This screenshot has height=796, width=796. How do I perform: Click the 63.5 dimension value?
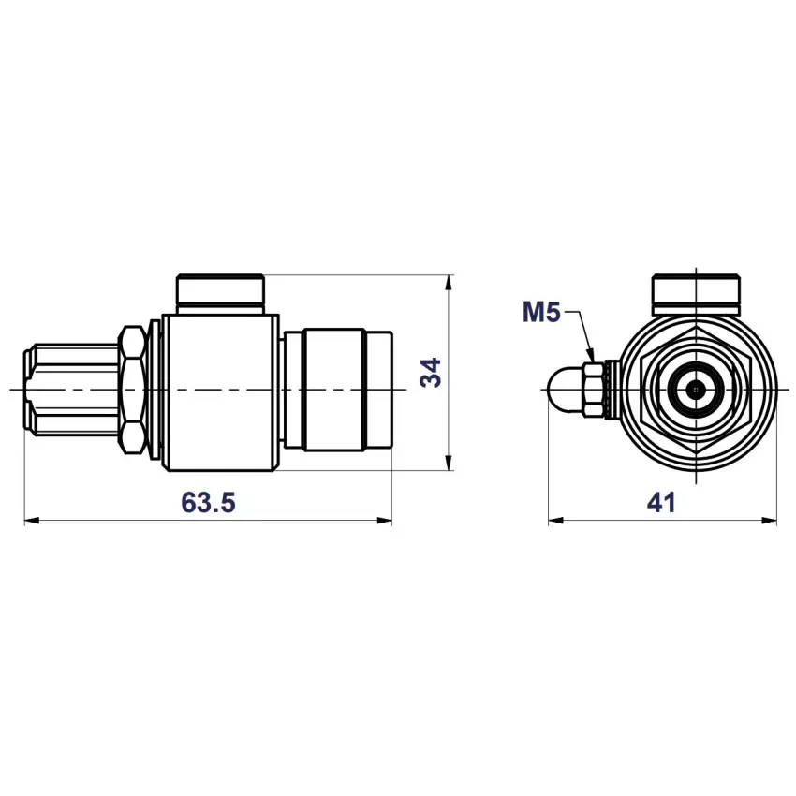(208, 503)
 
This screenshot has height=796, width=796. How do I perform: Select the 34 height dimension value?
(431, 373)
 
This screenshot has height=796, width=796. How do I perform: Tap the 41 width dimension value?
(661, 503)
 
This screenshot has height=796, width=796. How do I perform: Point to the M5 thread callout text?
(541, 312)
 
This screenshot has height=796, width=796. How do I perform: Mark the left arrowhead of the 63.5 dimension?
(32, 521)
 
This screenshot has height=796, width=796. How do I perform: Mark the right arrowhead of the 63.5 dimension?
(384, 521)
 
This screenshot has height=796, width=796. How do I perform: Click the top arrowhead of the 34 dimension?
(449, 283)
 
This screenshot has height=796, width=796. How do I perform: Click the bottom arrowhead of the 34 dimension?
(449, 463)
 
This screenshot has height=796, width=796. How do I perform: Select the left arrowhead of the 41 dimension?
(556, 521)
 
